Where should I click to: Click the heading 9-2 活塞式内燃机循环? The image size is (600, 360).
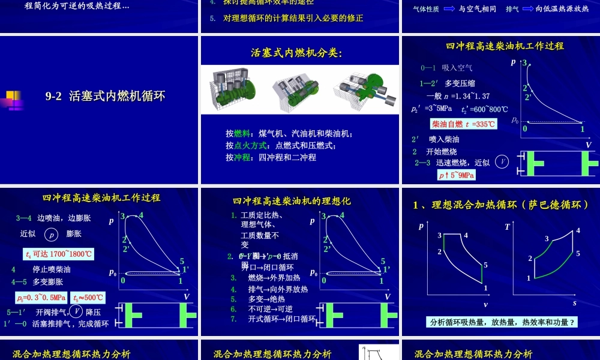(x=105, y=96)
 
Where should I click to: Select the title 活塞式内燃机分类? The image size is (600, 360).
(x=296, y=53)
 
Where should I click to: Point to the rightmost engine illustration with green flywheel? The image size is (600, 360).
(x=364, y=89)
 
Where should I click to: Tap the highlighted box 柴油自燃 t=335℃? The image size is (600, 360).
(x=463, y=124)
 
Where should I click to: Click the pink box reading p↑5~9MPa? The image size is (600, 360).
(x=457, y=175)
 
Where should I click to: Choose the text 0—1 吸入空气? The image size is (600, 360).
(x=446, y=68)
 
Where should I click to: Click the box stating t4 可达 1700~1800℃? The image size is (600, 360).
(x=58, y=254)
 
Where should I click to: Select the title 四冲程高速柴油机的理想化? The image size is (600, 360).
(x=292, y=201)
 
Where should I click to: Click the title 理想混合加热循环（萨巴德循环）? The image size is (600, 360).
(x=501, y=205)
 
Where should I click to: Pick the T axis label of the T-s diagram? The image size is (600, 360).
(x=507, y=227)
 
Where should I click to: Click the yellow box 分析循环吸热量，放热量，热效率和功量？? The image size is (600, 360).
(x=502, y=322)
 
